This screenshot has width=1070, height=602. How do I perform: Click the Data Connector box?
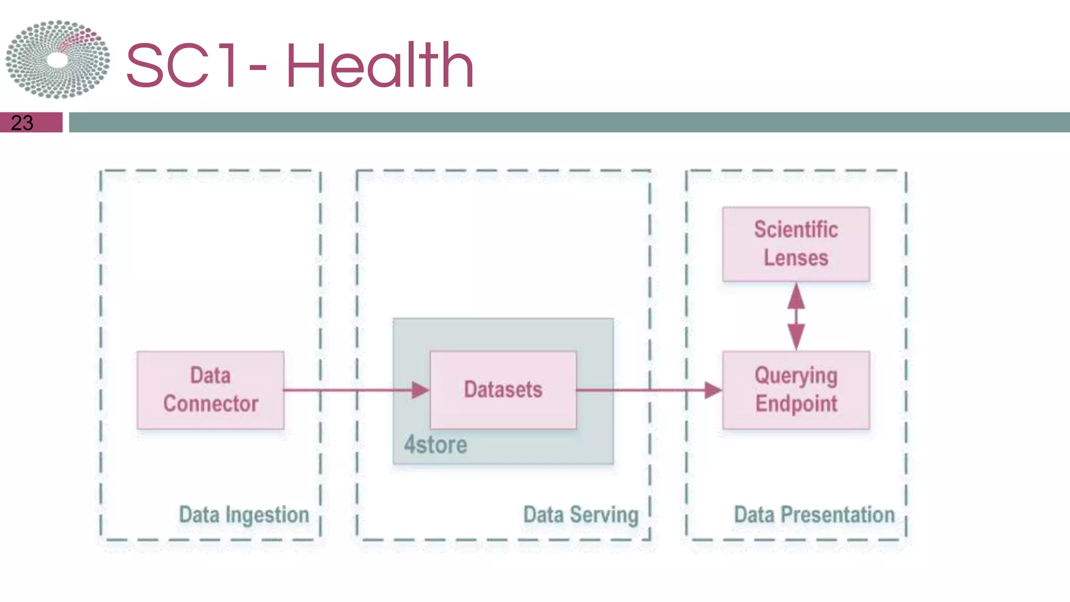pyautogui.click(x=211, y=390)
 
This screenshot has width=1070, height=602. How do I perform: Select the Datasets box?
pyautogui.click(x=503, y=390)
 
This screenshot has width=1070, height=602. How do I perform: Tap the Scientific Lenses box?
pyautogui.click(x=796, y=244)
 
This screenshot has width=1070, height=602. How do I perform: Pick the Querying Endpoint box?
pyautogui.click(x=796, y=390)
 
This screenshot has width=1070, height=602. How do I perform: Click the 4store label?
pyautogui.click(x=435, y=445)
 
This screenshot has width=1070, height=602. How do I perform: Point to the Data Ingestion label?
pyautogui.click(x=244, y=515)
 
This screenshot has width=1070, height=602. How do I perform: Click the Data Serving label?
pyautogui.click(x=580, y=515)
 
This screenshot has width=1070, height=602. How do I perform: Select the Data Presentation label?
pyautogui.click(x=814, y=515)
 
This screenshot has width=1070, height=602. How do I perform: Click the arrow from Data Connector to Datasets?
pyautogui.click(x=355, y=390)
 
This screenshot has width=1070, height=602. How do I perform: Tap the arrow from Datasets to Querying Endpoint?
pyautogui.click(x=648, y=390)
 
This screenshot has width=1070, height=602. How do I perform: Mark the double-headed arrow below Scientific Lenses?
pyautogui.click(x=796, y=316)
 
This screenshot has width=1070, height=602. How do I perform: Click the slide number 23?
pyautogui.click(x=22, y=123)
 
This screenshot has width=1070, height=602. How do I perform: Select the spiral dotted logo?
pyautogui.click(x=57, y=59)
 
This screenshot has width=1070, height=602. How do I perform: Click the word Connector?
pyautogui.click(x=211, y=404)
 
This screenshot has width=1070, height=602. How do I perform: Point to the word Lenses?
pyautogui.click(x=796, y=258)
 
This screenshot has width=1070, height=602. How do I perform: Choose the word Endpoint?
pyautogui.click(x=796, y=404)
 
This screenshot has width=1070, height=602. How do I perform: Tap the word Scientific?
pyautogui.click(x=796, y=230)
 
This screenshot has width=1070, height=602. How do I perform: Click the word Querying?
pyautogui.click(x=796, y=376)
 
